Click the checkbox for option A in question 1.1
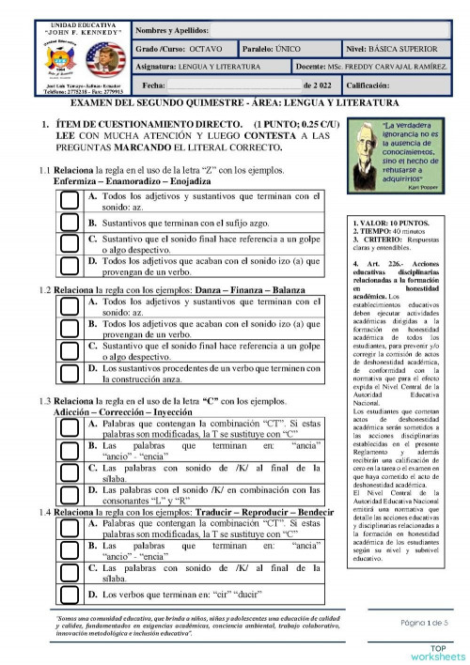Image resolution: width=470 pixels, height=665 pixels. click(x=68, y=200)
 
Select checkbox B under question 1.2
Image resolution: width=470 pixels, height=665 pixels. click(x=68, y=329)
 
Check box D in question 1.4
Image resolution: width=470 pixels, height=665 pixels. click(x=68, y=595)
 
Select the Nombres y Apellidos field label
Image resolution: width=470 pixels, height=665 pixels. click(x=173, y=30)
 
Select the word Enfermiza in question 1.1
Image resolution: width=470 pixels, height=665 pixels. click(x=78, y=180)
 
